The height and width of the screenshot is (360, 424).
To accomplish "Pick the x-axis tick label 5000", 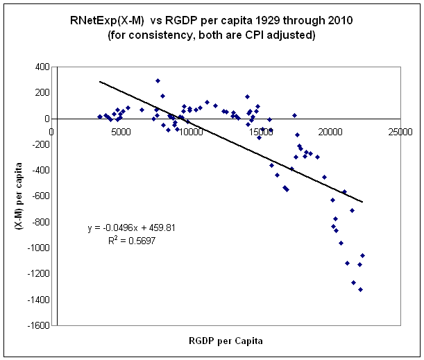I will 121,132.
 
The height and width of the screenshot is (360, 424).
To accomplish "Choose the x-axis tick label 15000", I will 261,132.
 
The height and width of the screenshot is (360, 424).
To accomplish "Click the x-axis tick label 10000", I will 191,132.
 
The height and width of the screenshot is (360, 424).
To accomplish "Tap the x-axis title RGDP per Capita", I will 227,341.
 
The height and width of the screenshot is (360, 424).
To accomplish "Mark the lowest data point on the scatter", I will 360,289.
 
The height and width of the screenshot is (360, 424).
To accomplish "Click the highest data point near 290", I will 158,81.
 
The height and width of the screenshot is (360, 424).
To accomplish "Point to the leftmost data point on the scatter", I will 100,117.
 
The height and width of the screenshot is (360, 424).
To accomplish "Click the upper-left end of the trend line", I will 100,81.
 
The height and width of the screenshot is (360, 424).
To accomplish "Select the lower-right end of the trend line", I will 362,202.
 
